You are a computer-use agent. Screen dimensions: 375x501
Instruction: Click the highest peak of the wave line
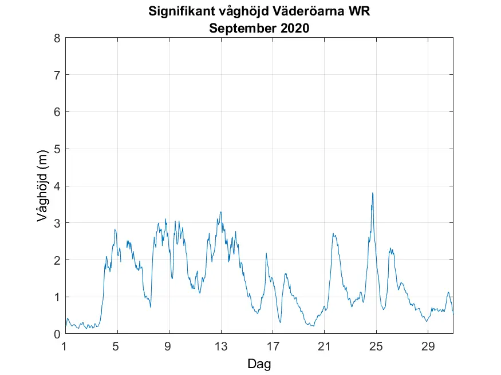(373, 193)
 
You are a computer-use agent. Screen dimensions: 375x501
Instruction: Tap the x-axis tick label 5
(117, 346)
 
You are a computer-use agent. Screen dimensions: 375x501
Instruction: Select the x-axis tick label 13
(221, 346)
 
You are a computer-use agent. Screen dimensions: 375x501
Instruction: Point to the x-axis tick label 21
(324, 346)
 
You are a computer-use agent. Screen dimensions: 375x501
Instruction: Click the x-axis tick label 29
(428, 346)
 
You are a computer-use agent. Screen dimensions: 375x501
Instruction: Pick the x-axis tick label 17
(273, 346)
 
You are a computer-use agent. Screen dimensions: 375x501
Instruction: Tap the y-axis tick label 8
(57, 38)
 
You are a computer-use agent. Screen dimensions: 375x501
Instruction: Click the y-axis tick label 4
(57, 186)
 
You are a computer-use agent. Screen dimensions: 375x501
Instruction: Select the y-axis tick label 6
(57, 112)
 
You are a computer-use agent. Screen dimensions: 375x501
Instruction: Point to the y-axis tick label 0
(57, 334)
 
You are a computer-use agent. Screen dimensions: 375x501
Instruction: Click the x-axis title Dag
(259, 364)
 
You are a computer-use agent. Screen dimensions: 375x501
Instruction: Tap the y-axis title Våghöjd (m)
(41, 186)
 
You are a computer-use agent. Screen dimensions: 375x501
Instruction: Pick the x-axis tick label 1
(65, 346)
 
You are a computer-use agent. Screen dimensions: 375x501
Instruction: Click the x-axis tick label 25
(376, 346)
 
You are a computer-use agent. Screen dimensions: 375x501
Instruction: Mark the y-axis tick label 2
(57, 260)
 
